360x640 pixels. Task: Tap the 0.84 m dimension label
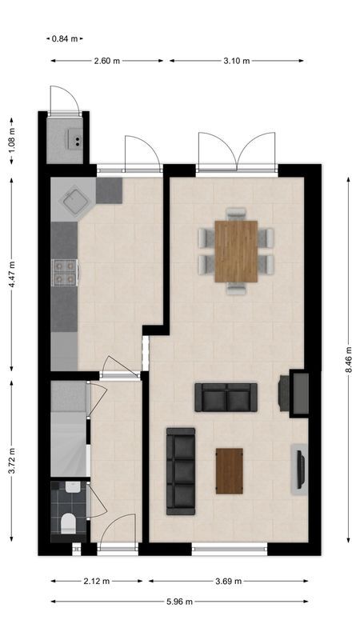click(x=64, y=38)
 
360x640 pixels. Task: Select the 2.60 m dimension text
click(x=106, y=61)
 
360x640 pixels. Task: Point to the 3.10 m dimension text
click(x=237, y=61)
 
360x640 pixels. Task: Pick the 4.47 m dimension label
click(x=11, y=274)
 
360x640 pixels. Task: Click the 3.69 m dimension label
click(x=228, y=582)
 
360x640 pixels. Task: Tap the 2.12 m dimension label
click(x=97, y=582)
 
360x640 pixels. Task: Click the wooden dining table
click(x=236, y=251)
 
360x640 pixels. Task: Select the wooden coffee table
click(x=230, y=471)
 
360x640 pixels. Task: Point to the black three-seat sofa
click(x=181, y=471)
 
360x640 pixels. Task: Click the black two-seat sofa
click(x=226, y=397)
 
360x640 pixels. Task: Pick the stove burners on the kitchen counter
click(x=64, y=272)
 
